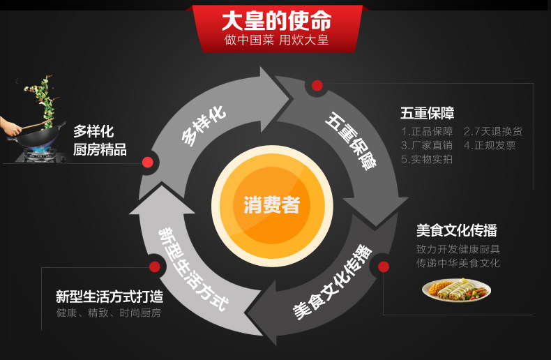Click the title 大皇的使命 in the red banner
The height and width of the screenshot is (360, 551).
click(276, 20)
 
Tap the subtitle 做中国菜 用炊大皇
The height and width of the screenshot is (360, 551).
click(276, 40)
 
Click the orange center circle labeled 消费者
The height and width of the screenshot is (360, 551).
click(271, 204)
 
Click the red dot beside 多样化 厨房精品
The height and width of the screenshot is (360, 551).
click(147, 162)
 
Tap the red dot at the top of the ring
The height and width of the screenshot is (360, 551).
click(317, 86)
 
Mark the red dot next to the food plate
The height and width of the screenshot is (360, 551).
click(383, 267)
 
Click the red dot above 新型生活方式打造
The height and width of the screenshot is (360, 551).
click(155, 266)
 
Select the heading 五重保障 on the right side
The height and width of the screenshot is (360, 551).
click(428, 113)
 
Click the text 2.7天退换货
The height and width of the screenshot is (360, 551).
click(492, 131)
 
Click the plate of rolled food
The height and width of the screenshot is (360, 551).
click(456, 289)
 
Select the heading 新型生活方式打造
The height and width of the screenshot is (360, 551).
click(110, 297)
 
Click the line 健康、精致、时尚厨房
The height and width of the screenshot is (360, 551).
click(108, 313)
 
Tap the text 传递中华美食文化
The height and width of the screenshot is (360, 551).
click(458, 263)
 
